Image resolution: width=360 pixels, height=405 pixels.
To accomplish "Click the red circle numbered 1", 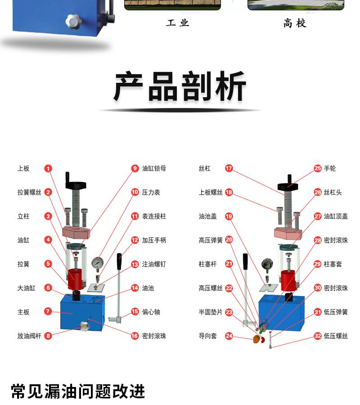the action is point(48,168).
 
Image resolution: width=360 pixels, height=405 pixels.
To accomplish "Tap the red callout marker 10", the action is point(135,192).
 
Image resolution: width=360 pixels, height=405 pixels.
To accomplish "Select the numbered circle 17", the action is point(229,168).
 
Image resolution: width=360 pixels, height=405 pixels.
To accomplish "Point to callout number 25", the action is point(318,168).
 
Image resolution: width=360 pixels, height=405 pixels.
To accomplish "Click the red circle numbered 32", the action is point(318,336).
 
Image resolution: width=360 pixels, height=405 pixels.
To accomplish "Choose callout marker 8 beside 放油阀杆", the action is point(48,336).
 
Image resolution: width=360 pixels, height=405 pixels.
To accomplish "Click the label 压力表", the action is point(151,193).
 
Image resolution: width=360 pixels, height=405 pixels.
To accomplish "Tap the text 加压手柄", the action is point(154,240).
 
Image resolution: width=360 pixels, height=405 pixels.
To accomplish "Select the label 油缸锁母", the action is point(154,168).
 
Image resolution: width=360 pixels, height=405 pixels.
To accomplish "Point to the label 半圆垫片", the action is point(211,312).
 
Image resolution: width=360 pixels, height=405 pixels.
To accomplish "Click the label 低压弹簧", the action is point(336,312).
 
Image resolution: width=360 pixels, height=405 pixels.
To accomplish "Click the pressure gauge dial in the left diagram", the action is point(97,263).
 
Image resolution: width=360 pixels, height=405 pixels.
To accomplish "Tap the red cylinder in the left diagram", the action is point(76,279).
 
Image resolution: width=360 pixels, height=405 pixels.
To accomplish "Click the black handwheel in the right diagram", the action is point(288,186).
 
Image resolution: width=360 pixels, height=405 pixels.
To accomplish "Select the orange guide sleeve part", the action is point(256,339).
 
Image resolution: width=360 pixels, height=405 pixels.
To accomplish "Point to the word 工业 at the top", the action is point(177,23).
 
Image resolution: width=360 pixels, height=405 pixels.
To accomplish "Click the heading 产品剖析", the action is point(180,86).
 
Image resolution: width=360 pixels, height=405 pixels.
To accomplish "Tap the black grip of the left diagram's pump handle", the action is point(119,261).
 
